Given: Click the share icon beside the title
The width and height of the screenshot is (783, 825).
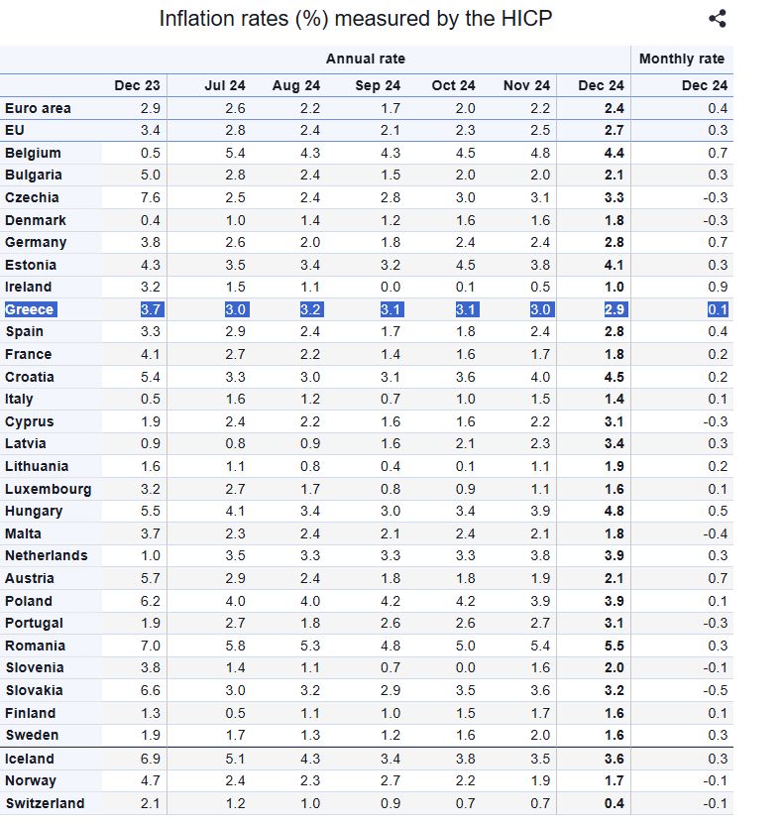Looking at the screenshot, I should (x=719, y=18).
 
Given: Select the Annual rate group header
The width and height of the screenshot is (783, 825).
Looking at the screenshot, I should (x=365, y=59).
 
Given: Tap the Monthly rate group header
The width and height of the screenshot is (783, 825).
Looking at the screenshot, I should (x=682, y=59).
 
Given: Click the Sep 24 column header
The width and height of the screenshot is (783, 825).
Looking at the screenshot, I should (x=378, y=86).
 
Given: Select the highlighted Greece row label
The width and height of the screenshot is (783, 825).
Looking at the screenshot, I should (x=30, y=309).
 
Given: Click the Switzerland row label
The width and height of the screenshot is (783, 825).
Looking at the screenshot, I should (x=45, y=803).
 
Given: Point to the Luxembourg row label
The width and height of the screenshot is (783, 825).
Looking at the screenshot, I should (x=48, y=489).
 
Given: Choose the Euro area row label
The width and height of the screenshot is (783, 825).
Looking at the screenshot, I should (x=38, y=108).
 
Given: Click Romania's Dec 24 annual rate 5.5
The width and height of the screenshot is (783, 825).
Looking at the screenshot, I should (x=614, y=646).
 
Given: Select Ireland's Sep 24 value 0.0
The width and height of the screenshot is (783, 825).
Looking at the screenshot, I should (x=391, y=287).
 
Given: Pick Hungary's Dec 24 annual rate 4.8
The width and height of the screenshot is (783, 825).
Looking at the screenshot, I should (x=614, y=511).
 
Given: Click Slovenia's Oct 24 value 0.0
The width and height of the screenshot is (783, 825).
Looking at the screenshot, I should (x=465, y=667).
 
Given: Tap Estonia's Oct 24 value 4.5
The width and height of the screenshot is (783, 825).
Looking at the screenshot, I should (x=465, y=265).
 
